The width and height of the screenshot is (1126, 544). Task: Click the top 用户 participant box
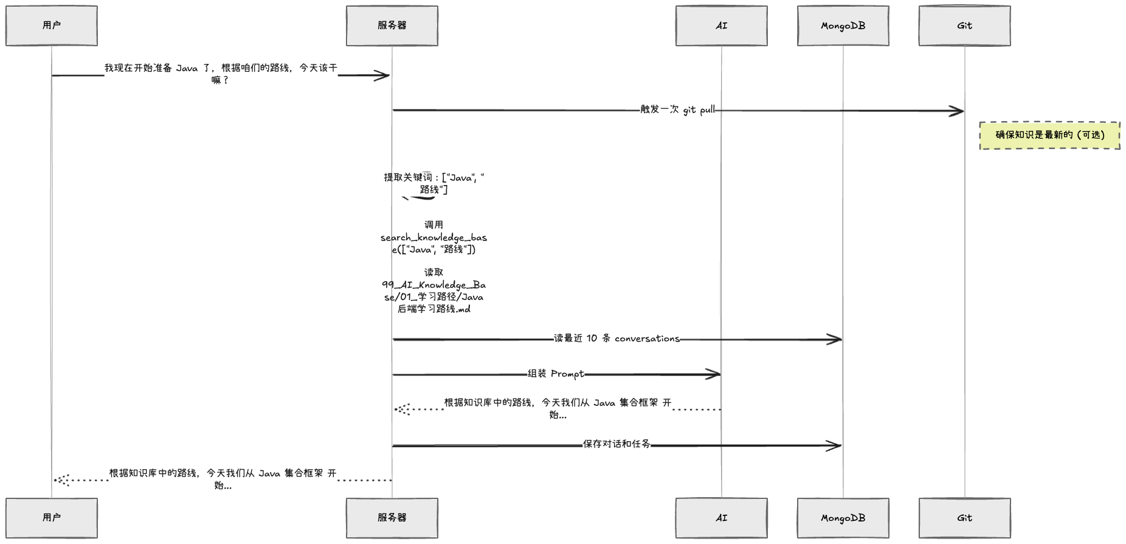pyautogui.click(x=52, y=26)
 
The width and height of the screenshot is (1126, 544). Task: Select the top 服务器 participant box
pyautogui.click(x=392, y=26)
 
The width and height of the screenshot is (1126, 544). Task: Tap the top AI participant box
pyautogui.click(x=721, y=26)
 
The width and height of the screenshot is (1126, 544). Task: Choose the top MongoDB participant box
pyautogui.click(x=843, y=26)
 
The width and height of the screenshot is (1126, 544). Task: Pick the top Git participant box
pyautogui.click(x=964, y=26)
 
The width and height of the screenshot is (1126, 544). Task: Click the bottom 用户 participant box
pyautogui.click(x=52, y=518)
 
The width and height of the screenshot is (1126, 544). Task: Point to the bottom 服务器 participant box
pyautogui.click(x=392, y=518)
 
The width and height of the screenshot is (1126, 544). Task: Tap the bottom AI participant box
pyautogui.click(x=721, y=518)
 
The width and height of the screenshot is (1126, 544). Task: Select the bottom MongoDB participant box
pyautogui.click(x=843, y=518)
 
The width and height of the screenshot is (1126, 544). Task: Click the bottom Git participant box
pyautogui.click(x=964, y=518)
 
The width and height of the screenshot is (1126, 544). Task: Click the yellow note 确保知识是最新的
pyautogui.click(x=1049, y=135)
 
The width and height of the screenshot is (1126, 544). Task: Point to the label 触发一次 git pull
pyautogui.click(x=677, y=110)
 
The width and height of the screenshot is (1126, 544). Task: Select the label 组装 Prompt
pyautogui.click(x=555, y=374)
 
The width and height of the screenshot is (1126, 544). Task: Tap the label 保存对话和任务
pyautogui.click(x=616, y=444)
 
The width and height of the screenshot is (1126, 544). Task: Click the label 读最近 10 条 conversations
pyautogui.click(x=616, y=338)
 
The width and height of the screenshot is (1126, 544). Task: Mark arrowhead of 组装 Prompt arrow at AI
pyautogui.click(x=715, y=375)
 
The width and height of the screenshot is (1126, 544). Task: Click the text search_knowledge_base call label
pyautogui.click(x=433, y=237)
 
